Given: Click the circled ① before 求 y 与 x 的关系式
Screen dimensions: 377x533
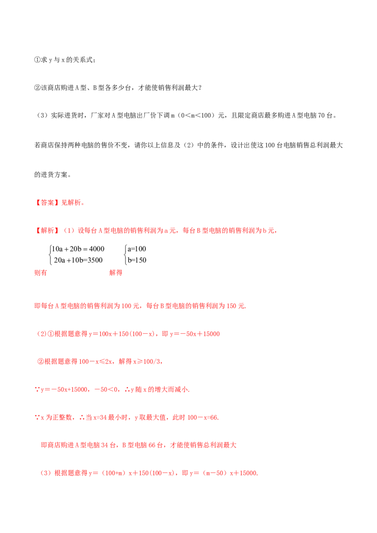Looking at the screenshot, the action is [x=37, y=60].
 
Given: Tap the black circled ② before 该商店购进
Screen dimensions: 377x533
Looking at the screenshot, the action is [x=37, y=88].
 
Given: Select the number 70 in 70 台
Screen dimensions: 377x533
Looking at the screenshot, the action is [x=321, y=115].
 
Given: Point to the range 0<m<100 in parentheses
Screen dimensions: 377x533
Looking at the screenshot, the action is [x=196, y=115].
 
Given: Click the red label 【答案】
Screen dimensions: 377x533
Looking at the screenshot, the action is [x=48, y=202].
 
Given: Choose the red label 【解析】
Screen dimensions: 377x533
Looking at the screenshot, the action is [x=48, y=230].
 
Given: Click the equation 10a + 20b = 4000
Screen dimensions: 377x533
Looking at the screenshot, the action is [x=78, y=249].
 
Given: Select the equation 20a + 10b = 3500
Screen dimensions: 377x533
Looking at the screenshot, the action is [x=78, y=260].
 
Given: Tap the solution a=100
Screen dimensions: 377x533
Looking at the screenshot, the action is [x=137, y=249].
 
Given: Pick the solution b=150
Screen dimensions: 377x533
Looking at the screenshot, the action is [x=137, y=260].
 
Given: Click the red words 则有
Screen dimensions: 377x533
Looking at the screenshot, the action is [x=41, y=273].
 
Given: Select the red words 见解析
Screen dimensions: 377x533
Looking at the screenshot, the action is [x=71, y=202].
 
